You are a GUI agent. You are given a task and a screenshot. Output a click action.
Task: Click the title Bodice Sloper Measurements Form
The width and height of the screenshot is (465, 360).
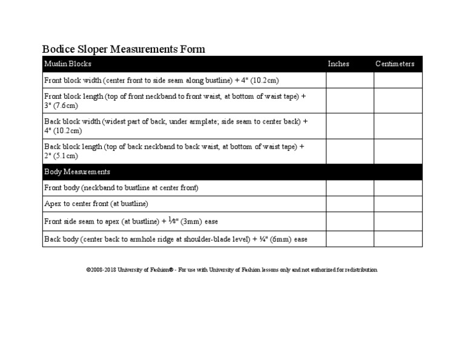coord(124,49)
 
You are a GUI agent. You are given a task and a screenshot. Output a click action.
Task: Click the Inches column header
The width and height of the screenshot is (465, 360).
coord(338,64)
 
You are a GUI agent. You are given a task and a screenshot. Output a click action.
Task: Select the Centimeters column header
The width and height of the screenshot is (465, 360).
coord(395,64)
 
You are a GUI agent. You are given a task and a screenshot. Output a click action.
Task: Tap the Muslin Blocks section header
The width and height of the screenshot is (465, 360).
coord(68,64)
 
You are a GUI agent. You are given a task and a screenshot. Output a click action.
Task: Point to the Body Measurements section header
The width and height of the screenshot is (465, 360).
coord(77,172)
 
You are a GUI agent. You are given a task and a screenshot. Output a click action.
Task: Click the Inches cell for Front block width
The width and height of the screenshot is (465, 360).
coord(350,80)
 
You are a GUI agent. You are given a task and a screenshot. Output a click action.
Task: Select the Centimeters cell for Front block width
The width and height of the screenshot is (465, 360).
coord(398,80)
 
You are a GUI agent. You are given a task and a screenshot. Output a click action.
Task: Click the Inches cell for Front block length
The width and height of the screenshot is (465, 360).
coord(350,101)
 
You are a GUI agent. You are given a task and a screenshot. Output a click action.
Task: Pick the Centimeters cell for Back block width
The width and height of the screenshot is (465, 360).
coord(398,125)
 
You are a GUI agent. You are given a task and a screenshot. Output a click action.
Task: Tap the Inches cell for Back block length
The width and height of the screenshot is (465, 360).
coord(350,151)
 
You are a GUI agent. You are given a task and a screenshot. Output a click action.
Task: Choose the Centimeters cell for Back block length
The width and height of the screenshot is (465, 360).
coord(398,151)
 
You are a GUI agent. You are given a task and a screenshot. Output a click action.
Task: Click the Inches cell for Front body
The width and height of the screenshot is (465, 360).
coord(350,188)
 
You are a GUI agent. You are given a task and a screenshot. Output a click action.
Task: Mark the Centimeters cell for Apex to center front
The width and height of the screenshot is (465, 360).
coord(398,204)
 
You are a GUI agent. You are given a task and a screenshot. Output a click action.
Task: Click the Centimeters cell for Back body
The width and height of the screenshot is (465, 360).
coord(398,239)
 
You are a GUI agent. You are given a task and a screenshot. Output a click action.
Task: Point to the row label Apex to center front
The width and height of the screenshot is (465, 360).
coord(96,204)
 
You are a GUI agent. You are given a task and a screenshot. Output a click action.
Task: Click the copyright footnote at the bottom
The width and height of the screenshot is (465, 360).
coord(232,270)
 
